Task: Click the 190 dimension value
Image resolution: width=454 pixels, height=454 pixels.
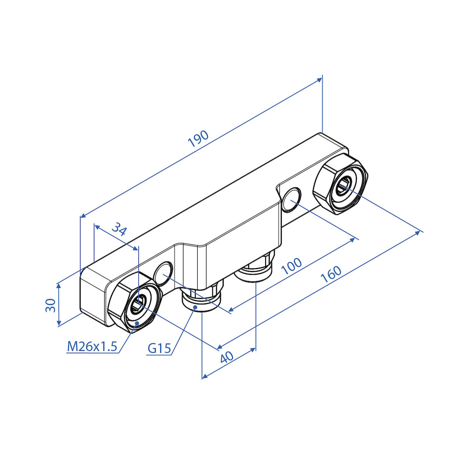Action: tap(198, 139)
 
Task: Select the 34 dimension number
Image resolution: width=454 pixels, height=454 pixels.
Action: tap(119, 229)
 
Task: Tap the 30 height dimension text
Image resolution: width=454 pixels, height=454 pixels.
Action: tap(51, 305)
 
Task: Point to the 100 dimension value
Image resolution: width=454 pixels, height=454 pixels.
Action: tap(291, 266)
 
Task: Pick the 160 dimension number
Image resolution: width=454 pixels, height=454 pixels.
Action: tap(331, 274)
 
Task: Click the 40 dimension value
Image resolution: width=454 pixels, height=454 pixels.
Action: tap(227, 357)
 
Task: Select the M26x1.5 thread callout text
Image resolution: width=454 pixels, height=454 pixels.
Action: tap(92, 346)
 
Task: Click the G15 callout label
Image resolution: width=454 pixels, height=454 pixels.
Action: tap(159, 348)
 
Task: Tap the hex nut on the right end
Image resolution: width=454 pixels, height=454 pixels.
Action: tap(341, 184)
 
